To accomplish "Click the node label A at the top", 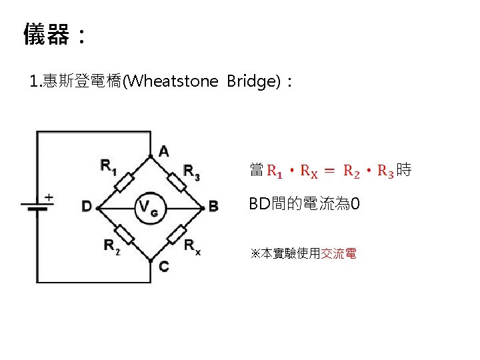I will [x=164, y=152].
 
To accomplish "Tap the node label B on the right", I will [x=213, y=207].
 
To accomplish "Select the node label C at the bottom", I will [x=164, y=267].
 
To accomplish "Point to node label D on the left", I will [x=87, y=207].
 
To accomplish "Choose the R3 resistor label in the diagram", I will [x=191, y=171].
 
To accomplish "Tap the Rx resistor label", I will [x=193, y=247].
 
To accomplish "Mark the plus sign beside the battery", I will [x=48, y=197].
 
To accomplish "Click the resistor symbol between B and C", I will [x=176, y=235].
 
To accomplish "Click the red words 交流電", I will [x=339, y=254].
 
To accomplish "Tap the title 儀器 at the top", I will [x=45, y=34].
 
